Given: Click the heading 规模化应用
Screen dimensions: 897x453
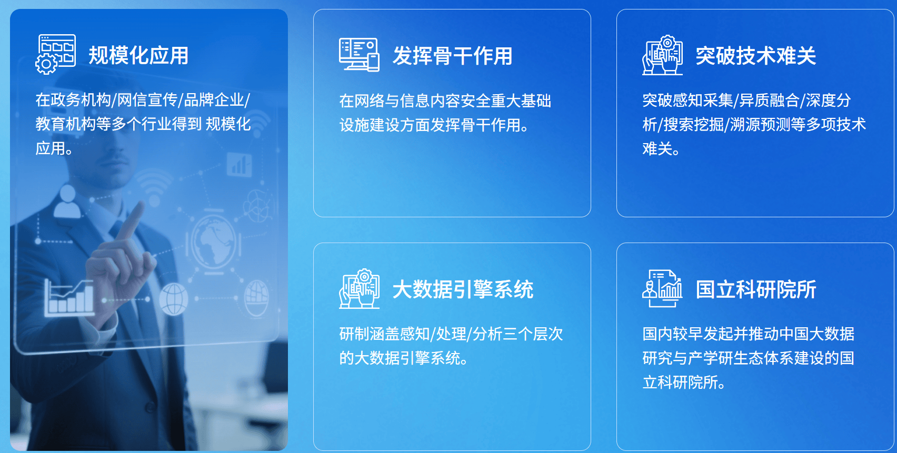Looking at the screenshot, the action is click(138, 55).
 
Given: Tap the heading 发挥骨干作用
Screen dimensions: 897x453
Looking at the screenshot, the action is click(452, 56).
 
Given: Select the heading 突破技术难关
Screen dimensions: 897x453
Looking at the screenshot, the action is click(755, 56).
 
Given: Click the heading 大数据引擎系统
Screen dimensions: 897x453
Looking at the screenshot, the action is click(463, 289).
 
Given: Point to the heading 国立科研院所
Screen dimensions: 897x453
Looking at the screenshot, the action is click(755, 289).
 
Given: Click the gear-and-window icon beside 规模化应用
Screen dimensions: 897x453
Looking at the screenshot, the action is click(55, 54).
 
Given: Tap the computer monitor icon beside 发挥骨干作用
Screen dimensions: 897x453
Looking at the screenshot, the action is click(359, 54).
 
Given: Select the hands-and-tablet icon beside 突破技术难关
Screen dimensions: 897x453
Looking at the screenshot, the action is click(662, 55).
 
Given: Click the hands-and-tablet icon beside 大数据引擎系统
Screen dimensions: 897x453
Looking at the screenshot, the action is click(359, 288).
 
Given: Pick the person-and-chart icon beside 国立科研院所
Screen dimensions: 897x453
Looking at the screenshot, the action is click(662, 288).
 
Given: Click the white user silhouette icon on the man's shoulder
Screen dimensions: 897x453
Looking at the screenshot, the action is click(67, 202).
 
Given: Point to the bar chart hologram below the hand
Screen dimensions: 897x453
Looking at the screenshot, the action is click(69, 297).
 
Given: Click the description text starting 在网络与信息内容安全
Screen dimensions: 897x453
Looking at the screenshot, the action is click(445, 113).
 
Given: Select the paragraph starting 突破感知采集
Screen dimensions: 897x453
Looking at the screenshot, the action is click(754, 125).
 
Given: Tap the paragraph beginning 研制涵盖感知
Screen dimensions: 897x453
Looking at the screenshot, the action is click(451, 346).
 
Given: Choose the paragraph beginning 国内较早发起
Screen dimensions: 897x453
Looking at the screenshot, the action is click(749, 358).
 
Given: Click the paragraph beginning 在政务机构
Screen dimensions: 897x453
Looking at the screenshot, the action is click(143, 124).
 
